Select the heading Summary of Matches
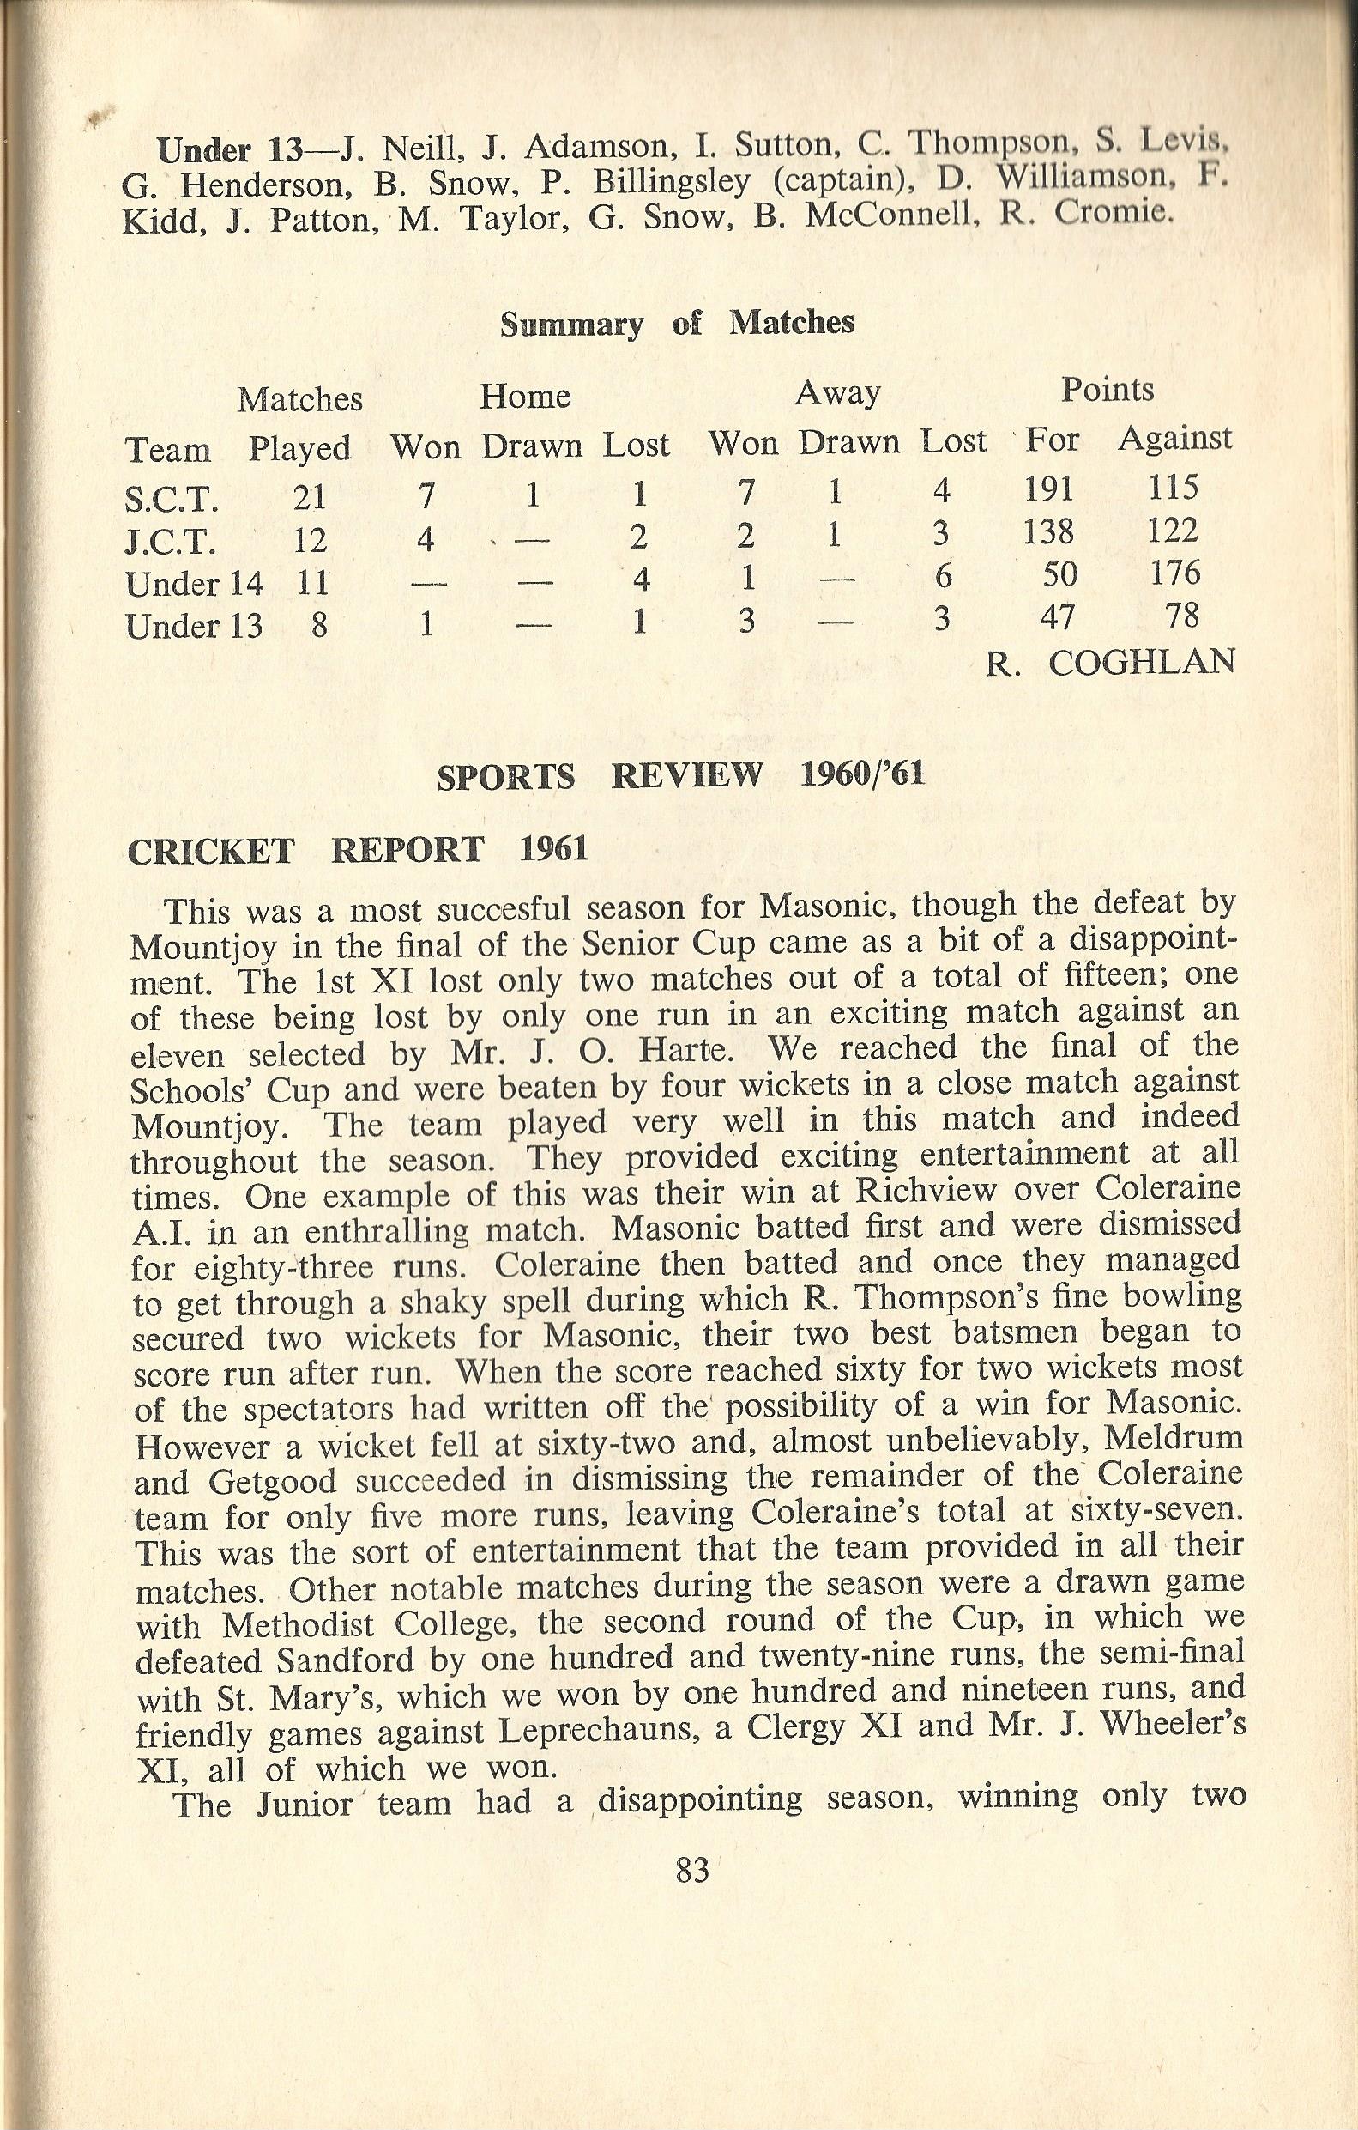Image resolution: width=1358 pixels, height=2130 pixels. tap(677, 324)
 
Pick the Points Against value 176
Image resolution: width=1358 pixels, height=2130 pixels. tap(1176, 573)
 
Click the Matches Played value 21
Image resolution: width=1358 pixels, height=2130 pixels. tap(311, 498)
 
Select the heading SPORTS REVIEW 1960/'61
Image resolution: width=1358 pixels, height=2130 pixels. tap(681, 776)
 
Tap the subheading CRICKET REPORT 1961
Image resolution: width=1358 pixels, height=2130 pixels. tap(358, 850)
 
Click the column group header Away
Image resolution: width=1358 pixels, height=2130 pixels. tap(837, 392)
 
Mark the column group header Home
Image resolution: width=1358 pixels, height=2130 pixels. tap(525, 397)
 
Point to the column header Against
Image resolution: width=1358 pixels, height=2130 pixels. tap(1175, 439)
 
